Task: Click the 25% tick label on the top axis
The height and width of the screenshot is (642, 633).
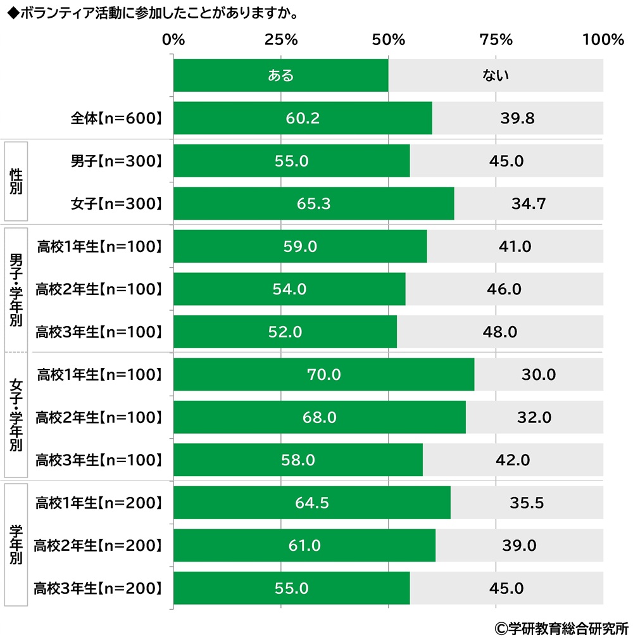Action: tap(281, 40)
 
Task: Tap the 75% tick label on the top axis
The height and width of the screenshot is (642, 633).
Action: tap(496, 40)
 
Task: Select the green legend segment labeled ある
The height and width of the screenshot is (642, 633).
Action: tap(280, 75)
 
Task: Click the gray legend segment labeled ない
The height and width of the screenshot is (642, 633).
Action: tap(496, 75)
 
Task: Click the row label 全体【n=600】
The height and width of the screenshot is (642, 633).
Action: tap(116, 118)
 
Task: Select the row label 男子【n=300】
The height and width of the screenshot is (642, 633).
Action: tap(116, 161)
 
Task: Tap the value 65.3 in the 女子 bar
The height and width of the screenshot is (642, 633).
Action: tap(313, 204)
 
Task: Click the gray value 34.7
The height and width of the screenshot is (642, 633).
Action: tap(528, 204)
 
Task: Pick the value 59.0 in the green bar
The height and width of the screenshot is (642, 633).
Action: tap(300, 246)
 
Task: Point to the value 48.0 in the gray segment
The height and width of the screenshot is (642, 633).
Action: tap(500, 332)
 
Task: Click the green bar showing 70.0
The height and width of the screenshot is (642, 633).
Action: tap(323, 375)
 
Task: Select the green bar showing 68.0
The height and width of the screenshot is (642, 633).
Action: tap(319, 417)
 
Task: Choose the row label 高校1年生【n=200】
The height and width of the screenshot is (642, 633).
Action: tap(99, 503)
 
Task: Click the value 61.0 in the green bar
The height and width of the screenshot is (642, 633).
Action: tap(304, 546)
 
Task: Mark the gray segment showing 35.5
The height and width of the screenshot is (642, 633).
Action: tap(527, 503)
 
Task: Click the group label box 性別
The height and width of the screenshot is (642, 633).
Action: tap(16, 182)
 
